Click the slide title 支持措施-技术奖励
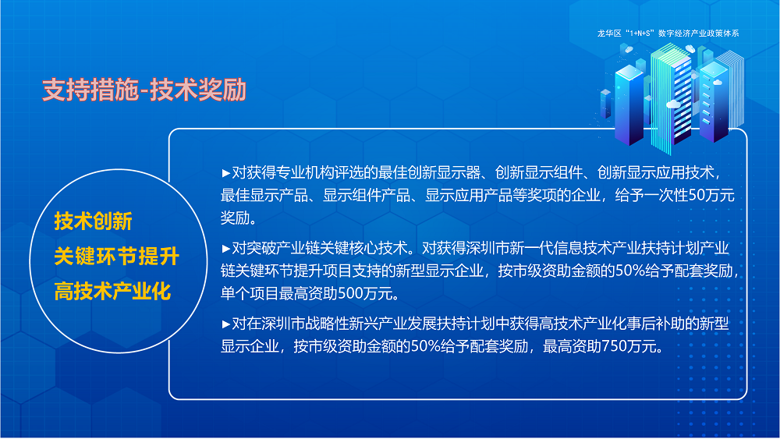click(144, 90)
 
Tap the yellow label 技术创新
click(93, 221)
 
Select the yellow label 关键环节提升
click(116, 257)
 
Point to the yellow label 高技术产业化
click(112, 292)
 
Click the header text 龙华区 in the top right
click(608, 34)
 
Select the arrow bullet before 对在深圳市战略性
click(226, 324)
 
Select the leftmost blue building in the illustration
click(631, 101)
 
